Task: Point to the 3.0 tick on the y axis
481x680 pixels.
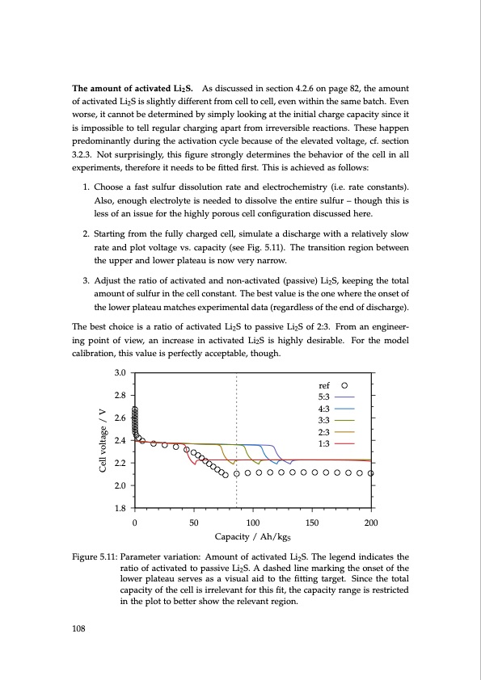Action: tap(120, 372)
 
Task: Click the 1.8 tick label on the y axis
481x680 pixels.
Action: tap(120, 508)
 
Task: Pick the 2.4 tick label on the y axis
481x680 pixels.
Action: tap(120, 440)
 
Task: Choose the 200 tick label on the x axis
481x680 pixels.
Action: tap(371, 522)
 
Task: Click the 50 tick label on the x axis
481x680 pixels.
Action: tap(193, 522)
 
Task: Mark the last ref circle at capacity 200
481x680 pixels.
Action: tap(371, 473)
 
